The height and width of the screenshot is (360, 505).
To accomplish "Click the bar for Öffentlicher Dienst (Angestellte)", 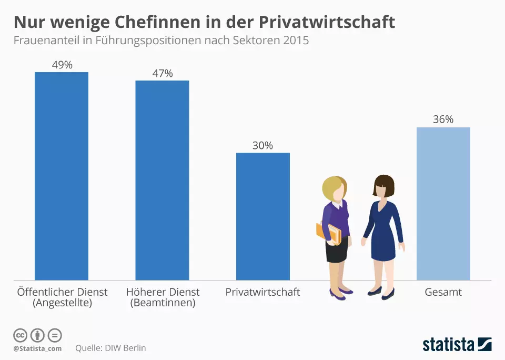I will click(62, 176).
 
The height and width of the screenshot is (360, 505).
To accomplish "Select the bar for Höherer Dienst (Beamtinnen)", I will click(162, 180).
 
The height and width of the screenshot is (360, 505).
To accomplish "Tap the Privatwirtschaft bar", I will click(263, 216).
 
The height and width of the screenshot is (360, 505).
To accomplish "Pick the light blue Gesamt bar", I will click(443, 204).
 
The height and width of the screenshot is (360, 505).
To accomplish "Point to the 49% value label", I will click(62, 65).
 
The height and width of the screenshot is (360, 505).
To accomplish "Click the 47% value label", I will click(162, 73).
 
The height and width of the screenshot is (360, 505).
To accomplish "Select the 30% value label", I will click(262, 146).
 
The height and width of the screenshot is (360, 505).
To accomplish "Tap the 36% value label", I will click(443, 119).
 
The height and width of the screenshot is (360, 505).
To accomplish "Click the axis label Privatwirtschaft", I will click(262, 292).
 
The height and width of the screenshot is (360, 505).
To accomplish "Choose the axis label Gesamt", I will click(443, 292).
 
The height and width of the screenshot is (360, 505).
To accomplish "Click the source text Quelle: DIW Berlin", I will click(110, 348).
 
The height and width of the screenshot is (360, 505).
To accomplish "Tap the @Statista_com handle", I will click(37, 348).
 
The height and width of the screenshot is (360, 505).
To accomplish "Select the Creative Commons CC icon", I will click(20, 335).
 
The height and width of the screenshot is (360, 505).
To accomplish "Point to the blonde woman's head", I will click(335, 188).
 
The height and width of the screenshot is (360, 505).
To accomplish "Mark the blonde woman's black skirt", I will click(336, 252).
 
